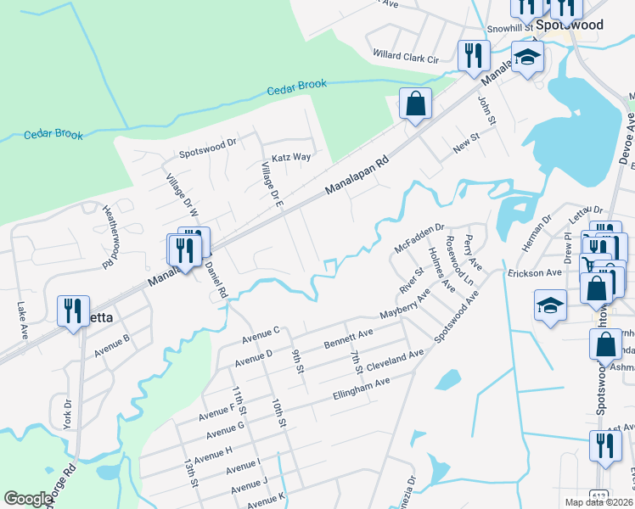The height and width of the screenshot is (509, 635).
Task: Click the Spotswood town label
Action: [570, 25]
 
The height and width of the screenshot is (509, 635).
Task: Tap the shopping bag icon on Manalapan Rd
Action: [415, 105]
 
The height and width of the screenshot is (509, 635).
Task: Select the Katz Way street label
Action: [291, 157]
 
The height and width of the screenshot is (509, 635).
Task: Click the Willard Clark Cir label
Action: [405, 56]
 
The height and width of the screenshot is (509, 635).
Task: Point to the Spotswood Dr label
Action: [206, 154]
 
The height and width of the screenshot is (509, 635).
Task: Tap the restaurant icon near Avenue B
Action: [71, 310]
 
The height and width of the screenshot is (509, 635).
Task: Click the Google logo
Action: [28, 500]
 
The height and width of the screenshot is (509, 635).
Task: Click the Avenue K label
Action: [264, 495]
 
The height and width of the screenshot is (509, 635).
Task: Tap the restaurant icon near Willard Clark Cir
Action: [470, 56]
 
